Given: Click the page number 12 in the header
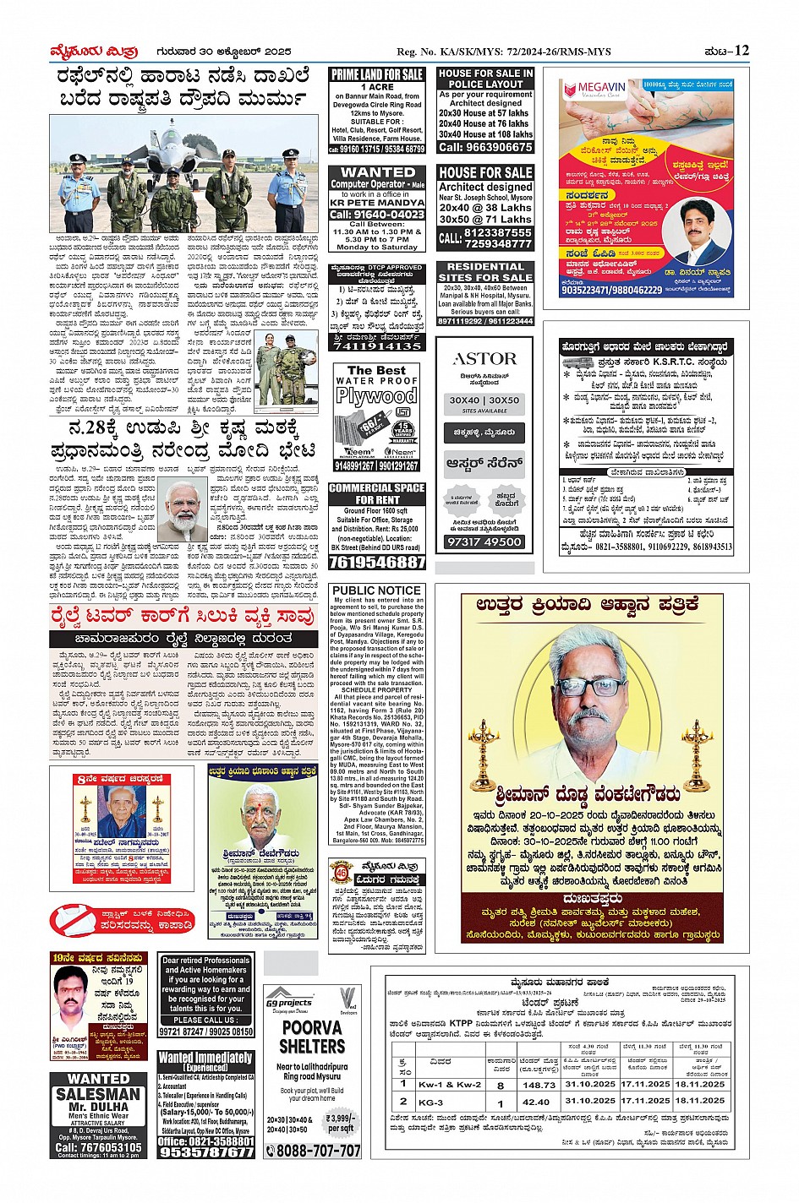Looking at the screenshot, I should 742,51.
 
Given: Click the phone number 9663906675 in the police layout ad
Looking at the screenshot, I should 485,147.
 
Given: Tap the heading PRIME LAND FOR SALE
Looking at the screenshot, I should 377,74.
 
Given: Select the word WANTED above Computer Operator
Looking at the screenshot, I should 377,171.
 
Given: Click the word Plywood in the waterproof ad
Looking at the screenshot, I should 376,395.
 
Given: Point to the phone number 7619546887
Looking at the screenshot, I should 377,562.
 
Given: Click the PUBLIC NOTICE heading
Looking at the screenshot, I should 377,591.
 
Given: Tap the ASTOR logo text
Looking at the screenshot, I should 484,359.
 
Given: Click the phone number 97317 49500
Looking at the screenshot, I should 484,542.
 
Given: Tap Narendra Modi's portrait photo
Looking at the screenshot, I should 183,508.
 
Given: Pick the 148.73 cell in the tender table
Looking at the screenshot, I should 538,1085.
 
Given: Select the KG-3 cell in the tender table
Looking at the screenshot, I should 430,1102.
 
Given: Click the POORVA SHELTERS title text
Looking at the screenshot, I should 312,1037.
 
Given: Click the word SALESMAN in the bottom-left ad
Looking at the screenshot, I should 99,1093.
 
